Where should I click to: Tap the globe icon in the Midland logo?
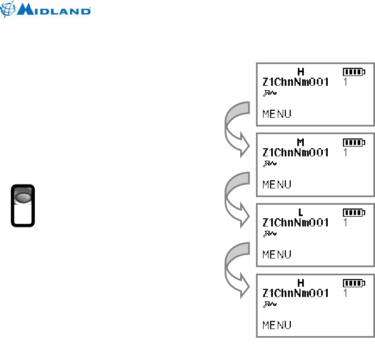point(10,10)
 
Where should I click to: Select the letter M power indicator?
point(301,142)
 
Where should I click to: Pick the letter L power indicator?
point(301,212)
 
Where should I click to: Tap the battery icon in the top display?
point(354,72)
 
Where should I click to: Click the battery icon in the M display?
point(354,142)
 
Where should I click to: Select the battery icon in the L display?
point(354,212)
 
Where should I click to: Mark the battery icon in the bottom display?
point(354,283)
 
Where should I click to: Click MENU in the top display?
point(277,114)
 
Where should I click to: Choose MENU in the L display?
point(277,254)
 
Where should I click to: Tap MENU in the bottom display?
point(277,325)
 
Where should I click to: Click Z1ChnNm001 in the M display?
point(295,153)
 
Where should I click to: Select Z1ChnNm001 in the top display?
point(295,82)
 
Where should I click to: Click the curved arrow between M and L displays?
point(235,199)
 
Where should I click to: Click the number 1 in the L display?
point(345,223)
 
